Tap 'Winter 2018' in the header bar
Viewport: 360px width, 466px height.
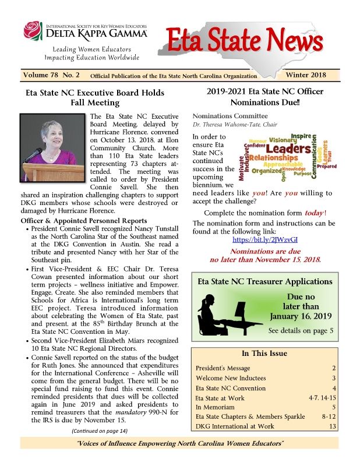(305, 75)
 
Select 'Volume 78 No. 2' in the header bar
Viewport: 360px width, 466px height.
(51, 75)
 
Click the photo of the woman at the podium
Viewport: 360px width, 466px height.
(54, 146)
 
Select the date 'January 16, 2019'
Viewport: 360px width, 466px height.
(301, 316)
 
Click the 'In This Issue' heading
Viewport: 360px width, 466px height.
(264, 353)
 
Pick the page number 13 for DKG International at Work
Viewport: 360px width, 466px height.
(333, 426)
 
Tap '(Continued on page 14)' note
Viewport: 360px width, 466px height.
(100, 430)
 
